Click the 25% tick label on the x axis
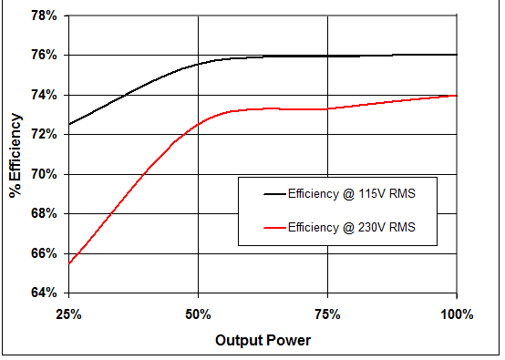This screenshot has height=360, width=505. [69, 314]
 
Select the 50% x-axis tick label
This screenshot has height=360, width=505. [198, 314]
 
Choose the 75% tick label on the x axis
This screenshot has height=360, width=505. [327, 314]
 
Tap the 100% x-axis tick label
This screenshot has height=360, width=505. [456, 314]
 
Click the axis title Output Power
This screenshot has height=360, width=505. [263, 341]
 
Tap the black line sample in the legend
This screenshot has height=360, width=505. [263, 194]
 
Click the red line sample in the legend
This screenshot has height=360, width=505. [263, 227]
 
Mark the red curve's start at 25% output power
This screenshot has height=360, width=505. [69, 263]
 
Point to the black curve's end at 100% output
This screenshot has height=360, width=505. [456, 55]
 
